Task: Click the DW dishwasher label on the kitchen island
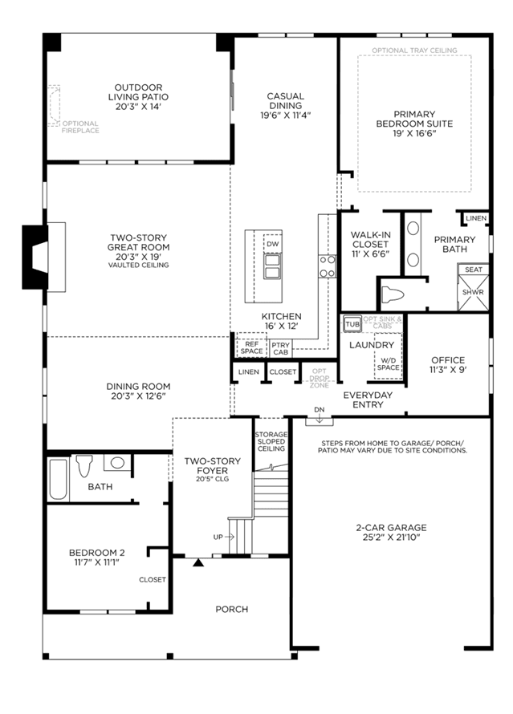(272, 244)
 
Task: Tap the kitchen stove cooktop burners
(327, 266)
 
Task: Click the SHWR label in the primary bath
(473, 292)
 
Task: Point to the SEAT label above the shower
(474, 270)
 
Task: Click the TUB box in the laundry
(352, 324)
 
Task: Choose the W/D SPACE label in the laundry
(389, 364)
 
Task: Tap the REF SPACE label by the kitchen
(251, 347)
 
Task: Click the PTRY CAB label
(281, 349)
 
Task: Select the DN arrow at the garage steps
(320, 417)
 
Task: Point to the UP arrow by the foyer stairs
(224, 537)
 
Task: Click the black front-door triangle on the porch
(197, 562)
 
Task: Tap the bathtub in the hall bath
(59, 479)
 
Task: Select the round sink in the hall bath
(117, 463)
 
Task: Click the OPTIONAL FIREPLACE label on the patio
(80, 127)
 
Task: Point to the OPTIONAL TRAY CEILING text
(414, 51)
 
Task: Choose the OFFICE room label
(448, 359)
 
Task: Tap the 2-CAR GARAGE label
(391, 528)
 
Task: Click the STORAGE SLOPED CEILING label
(271, 441)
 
